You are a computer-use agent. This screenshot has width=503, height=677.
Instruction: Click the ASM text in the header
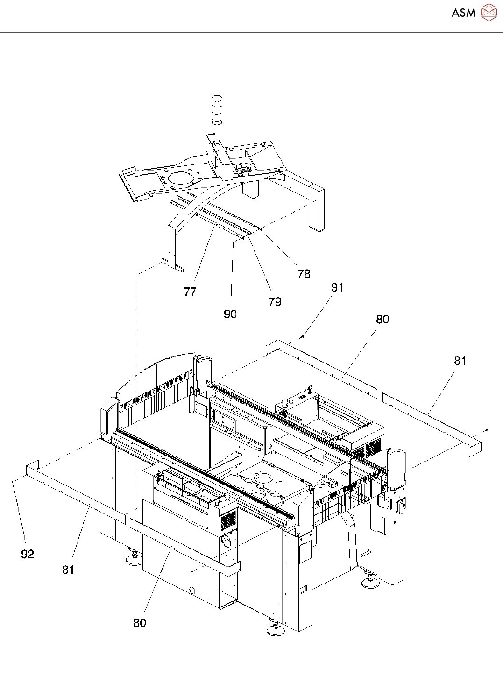pyautogui.click(x=463, y=13)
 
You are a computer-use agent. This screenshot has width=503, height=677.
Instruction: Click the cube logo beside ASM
pyautogui.click(x=489, y=13)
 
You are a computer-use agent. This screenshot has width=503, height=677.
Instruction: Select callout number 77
pyautogui.click(x=190, y=292)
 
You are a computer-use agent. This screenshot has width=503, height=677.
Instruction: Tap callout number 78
pyautogui.click(x=304, y=274)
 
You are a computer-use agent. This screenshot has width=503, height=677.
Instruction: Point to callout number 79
pyautogui.click(x=275, y=302)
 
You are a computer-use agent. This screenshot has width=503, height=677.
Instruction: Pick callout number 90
pyautogui.click(x=230, y=314)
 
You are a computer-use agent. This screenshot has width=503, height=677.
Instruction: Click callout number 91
pyautogui.click(x=337, y=288)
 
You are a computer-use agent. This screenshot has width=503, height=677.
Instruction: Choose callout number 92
pyautogui.click(x=28, y=555)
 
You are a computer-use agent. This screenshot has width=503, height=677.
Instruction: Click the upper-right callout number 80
pyautogui.click(x=383, y=320)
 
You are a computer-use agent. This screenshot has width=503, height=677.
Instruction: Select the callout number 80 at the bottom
pyautogui.click(x=140, y=623)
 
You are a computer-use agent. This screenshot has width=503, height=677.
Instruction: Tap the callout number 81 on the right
pyautogui.click(x=460, y=361)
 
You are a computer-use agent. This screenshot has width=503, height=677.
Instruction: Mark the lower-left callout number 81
pyautogui.click(x=68, y=570)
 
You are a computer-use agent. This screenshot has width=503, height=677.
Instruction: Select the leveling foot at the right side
pyautogui.click(x=370, y=582)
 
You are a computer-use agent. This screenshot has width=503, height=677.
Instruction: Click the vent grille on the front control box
pyautogui.click(x=228, y=520)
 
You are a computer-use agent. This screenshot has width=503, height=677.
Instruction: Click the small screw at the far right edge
pyautogui.click(x=487, y=430)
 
